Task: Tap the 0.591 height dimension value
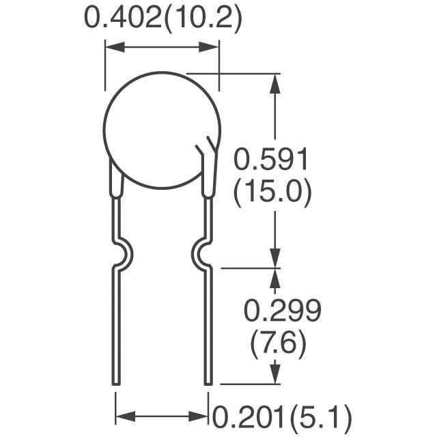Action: pos(270,159)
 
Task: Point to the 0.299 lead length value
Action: pos(282,311)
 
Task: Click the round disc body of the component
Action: pos(162,130)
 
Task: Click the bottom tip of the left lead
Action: pos(116,384)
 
